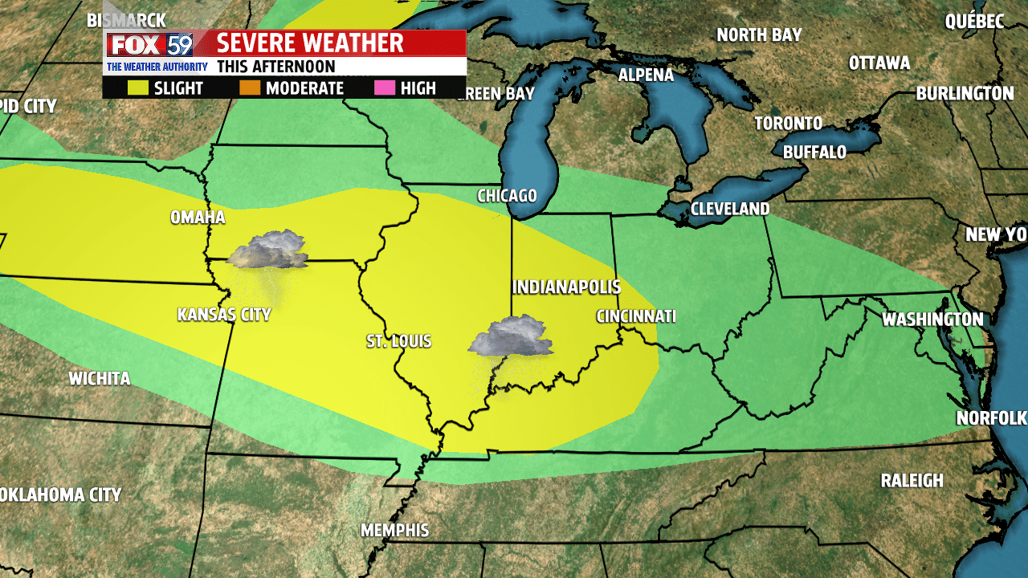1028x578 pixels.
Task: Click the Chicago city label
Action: (x=506, y=196)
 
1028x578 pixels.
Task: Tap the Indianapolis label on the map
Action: (x=566, y=287)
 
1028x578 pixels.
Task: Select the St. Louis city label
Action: (x=399, y=342)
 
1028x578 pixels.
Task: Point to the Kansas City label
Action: (x=224, y=315)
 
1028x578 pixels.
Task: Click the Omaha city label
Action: (x=198, y=218)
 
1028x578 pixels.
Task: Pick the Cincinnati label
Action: (x=635, y=316)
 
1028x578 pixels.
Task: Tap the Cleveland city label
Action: (x=730, y=209)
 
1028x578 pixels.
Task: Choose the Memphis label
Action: (x=394, y=531)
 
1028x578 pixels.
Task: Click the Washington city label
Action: (x=932, y=320)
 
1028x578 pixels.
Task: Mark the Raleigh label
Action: (x=912, y=481)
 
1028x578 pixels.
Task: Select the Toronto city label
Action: (x=788, y=124)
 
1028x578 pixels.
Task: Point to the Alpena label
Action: (x=646, y=75)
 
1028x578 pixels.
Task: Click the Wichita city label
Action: (x=100, y=379)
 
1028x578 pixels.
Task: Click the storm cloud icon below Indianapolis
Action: (x=511, y=338)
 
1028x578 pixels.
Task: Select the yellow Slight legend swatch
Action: (x=138, y=88)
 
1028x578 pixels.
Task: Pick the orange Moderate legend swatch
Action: (x=250, y=88)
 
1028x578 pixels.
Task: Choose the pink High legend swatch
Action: (x=385, y=88)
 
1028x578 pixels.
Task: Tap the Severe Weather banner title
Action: (x=310, y=43)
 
